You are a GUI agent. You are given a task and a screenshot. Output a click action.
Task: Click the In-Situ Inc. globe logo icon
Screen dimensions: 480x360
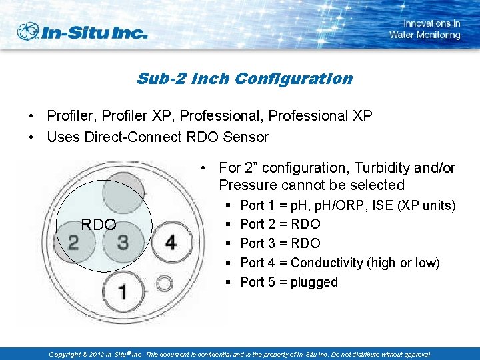pyautogui.click(x=29, y=31)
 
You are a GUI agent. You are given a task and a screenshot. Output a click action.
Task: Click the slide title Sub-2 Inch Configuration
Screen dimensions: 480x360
pyautogui.click(x=244, y=79)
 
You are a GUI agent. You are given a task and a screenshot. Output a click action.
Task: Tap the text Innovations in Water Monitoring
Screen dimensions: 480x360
pyautogui.click(x=425, y=29)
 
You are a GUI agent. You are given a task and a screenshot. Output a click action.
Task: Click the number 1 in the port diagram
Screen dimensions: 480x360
pyautogui.click(x=121, y=291)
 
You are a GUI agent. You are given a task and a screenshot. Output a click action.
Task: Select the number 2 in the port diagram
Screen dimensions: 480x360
pyautogui.click(x=73, y=241)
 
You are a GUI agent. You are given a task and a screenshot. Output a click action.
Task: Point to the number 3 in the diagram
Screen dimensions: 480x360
pyautogui.click(x=123, y=241)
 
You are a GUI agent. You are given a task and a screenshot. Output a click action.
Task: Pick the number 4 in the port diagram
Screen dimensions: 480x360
pyautogui.click(x=171, y=241)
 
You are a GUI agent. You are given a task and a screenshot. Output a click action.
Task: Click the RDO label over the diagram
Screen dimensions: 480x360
pyautogui.click(x=99, y=225)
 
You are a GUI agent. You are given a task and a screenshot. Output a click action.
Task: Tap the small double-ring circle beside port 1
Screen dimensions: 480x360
pyautogui.click(x=164, y=285)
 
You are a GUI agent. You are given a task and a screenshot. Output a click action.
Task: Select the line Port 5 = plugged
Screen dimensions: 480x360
pyautogui.click(x=289, y=282)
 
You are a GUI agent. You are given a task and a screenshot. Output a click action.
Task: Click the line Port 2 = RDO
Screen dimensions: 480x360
pyautogui.click(x=280, y=224)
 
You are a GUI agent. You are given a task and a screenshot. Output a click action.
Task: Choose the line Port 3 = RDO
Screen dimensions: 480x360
pyautogui.click(x=280, y=243)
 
